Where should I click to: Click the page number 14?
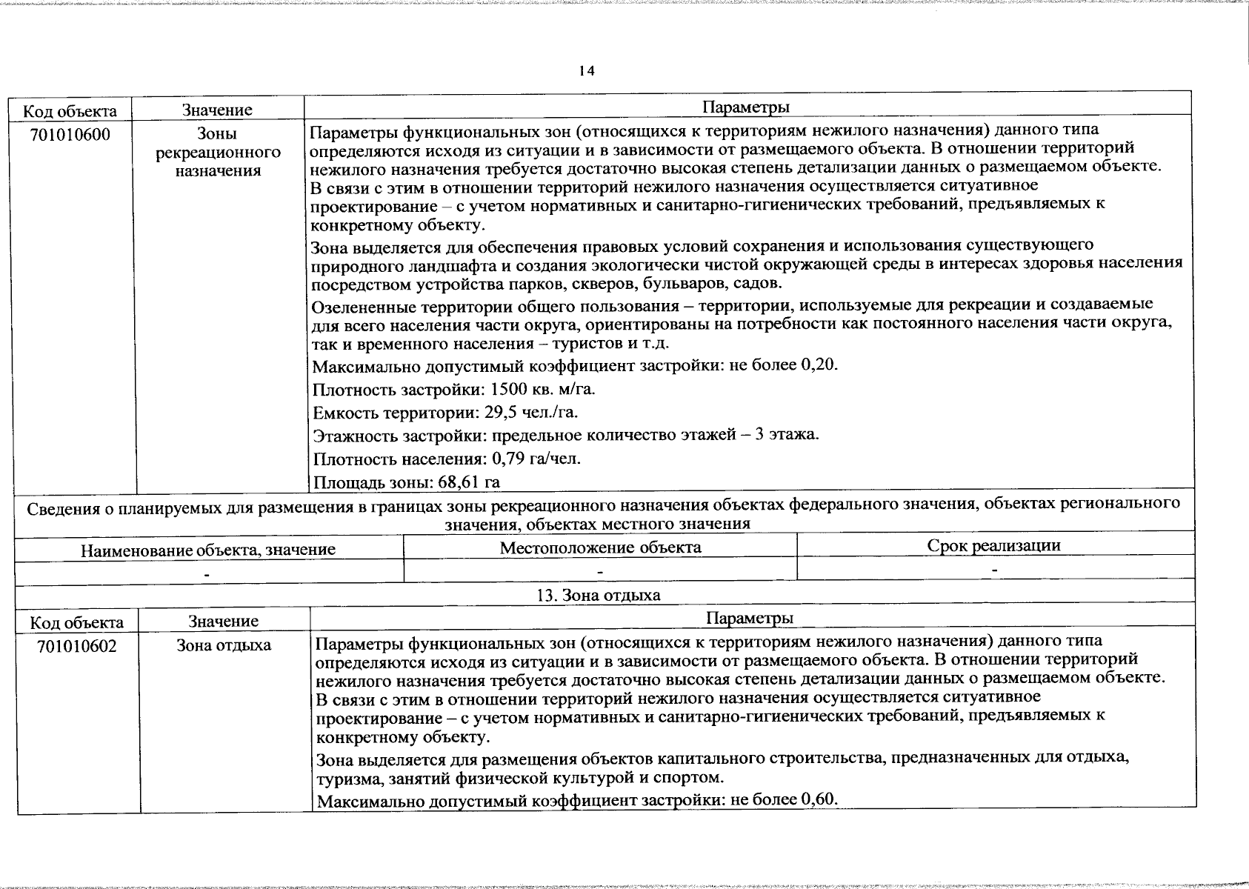(x=586, y=71)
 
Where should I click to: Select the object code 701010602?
(x=76, y=646)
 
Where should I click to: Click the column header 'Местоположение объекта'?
(x=600, y=547)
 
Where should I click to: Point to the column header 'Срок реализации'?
(x=993, y=546)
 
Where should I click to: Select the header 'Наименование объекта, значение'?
(x=207, y=550)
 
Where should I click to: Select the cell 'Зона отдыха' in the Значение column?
(x=223, y=645)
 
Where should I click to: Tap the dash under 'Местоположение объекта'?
(x=600, y=572)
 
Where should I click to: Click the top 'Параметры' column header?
(x=745, y=107)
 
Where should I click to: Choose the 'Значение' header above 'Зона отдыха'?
(x=223, y=621)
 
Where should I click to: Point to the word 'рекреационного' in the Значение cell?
(x=218, y=153)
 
